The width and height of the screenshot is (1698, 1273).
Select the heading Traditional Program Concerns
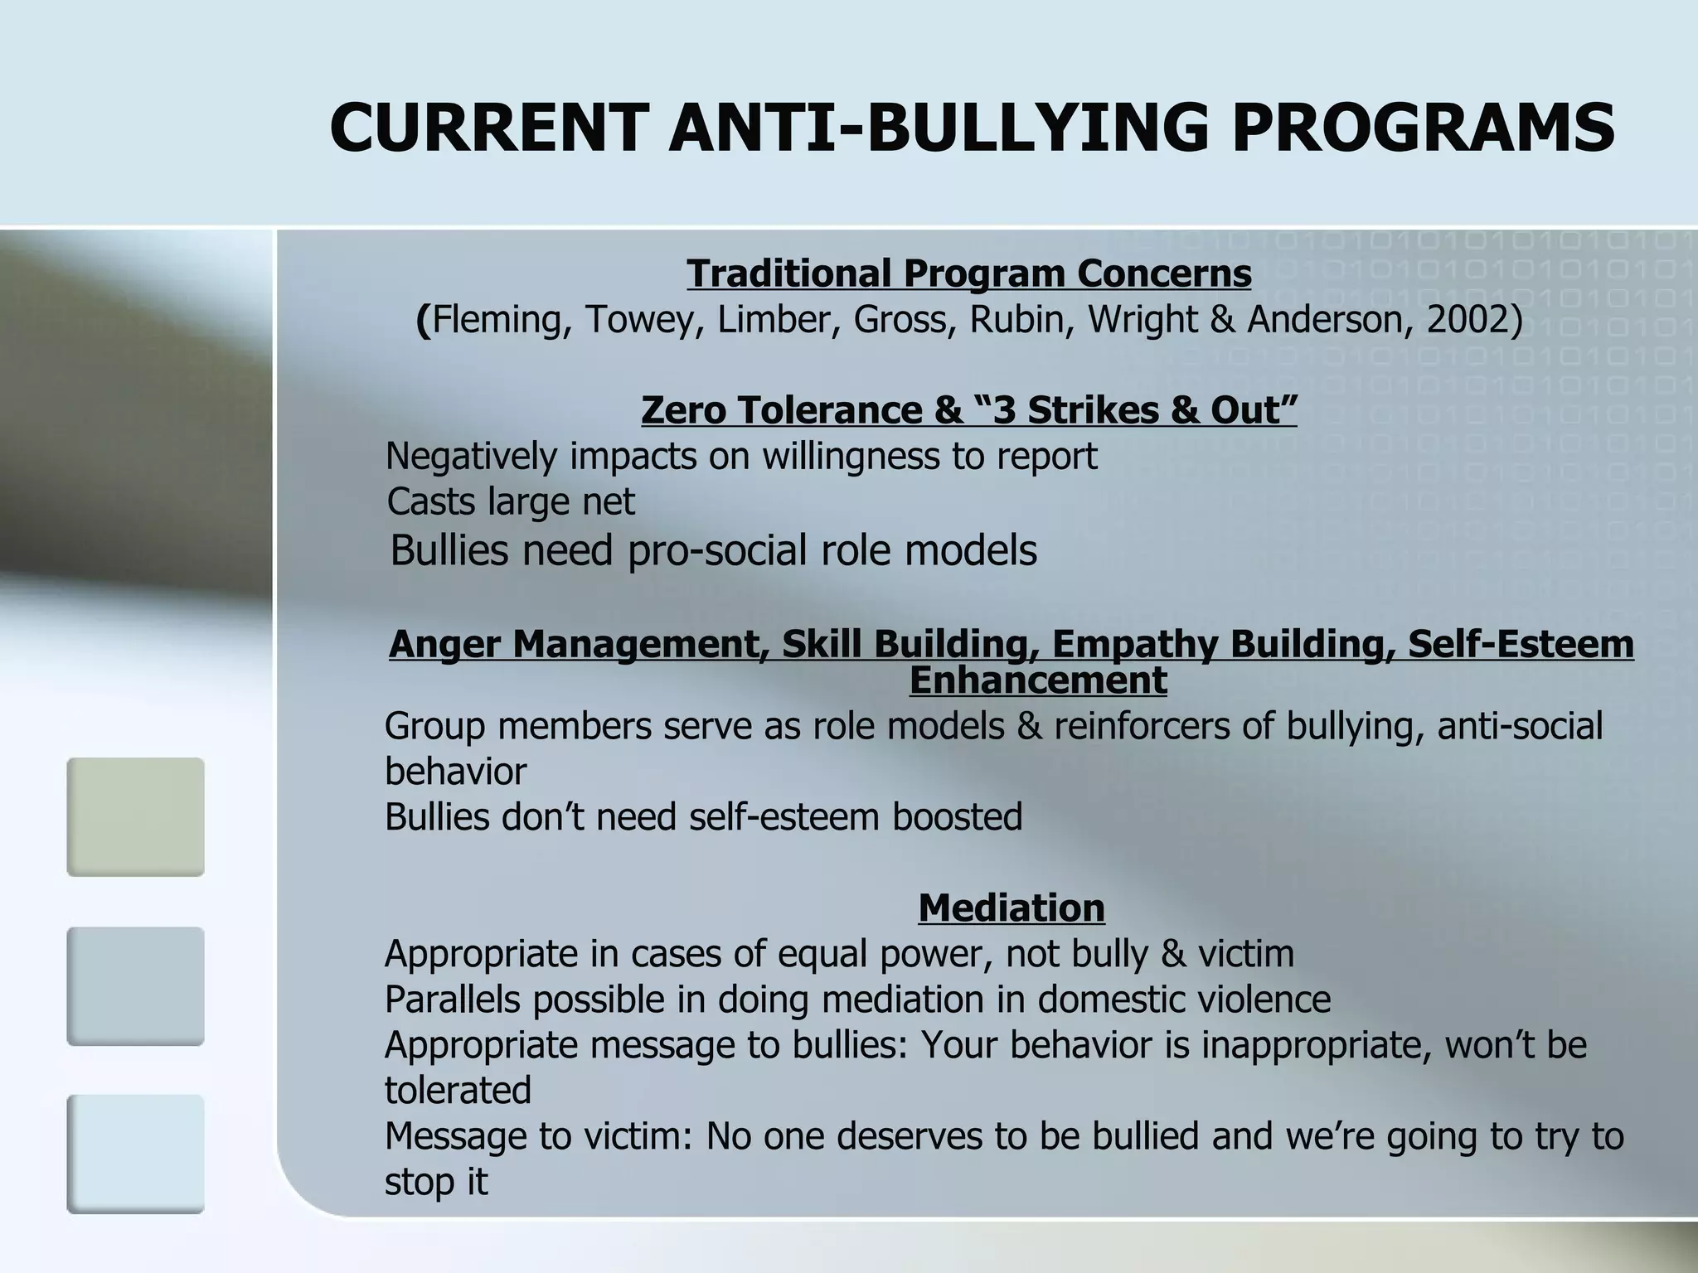tap(968, 273)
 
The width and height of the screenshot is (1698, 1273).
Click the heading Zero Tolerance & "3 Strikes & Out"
tap(968, 409)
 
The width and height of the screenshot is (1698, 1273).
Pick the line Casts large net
tap(511, 501)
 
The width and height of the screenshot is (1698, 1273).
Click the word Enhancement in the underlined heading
tap(1038, 680)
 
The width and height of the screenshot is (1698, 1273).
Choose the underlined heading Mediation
tap(1012, 908)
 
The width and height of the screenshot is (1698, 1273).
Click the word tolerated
tap(458, 1090)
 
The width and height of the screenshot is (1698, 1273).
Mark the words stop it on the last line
tap(436, 1181)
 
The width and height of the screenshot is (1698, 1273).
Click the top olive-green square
tap(135, 816)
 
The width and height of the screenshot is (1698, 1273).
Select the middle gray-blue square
tap(135, 985)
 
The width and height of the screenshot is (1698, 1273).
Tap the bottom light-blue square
tap(135, 1154)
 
